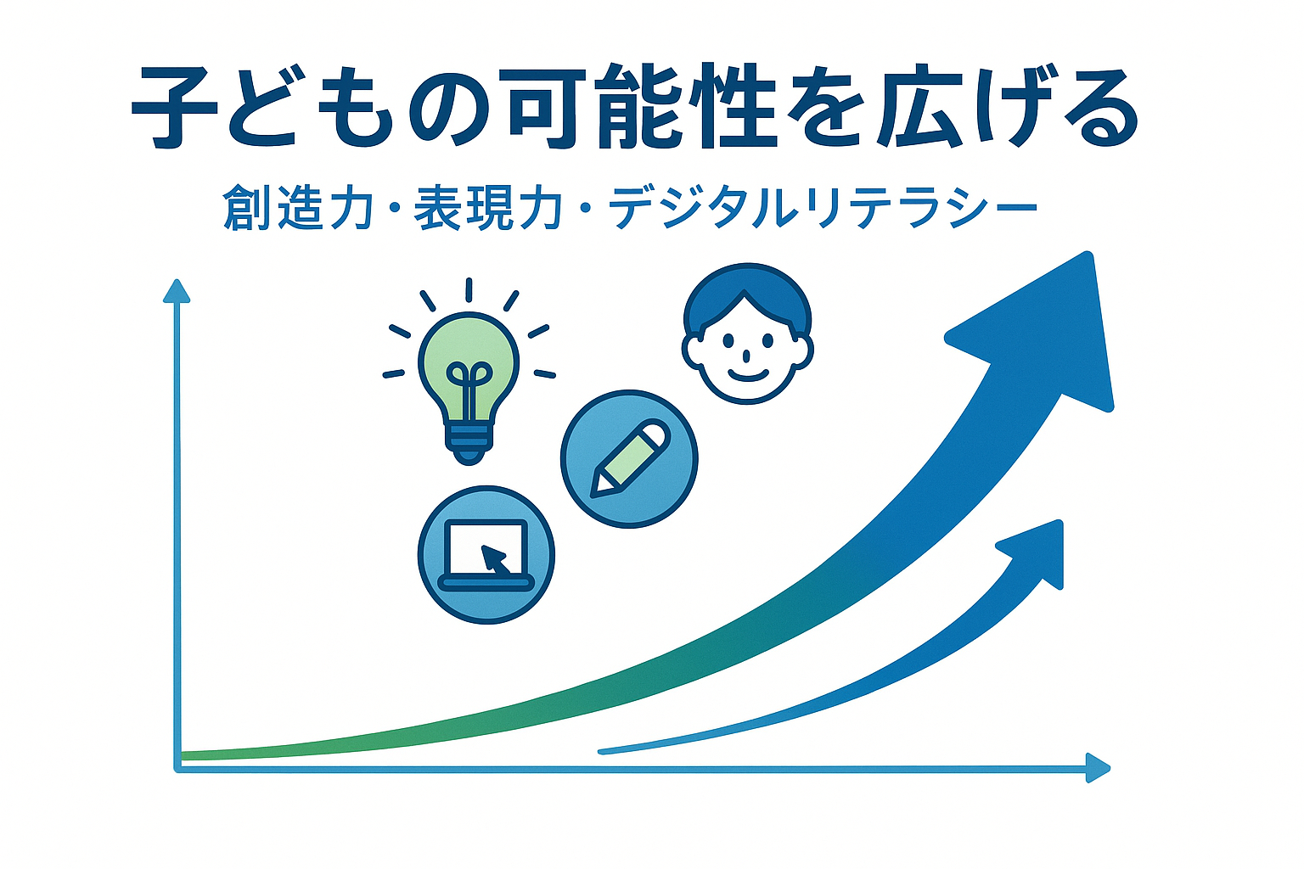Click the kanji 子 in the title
coord(175,108)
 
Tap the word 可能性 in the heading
coord(642,107)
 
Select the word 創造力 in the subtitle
coord(297,207)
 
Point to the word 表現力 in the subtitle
coord(488,207)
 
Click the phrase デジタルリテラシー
coord(823,207)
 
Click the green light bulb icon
coord(469,372)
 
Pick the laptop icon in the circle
coord(486,555)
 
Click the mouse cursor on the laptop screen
coord(495,558)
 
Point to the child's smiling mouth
coord(747,375)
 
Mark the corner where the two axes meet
coord(177,769)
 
